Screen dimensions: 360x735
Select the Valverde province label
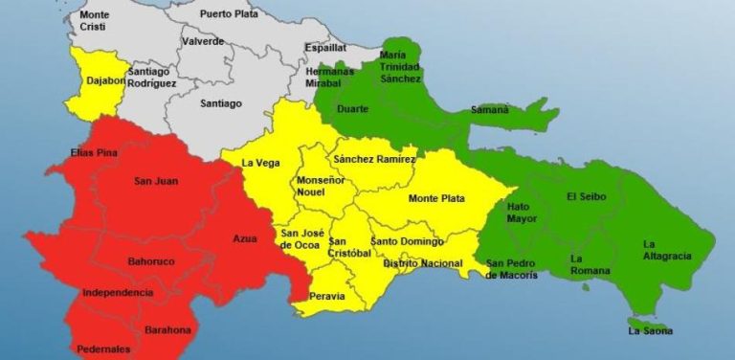203,41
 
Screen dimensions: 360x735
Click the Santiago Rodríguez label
152,78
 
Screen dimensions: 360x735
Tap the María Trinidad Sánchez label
400,67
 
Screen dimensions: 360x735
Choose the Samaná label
489,110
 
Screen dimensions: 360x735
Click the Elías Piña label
94,153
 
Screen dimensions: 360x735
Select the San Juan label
155,181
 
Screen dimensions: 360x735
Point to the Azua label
245,238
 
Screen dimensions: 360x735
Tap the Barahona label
168,330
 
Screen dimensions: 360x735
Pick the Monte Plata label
436,198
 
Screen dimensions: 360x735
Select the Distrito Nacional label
422,262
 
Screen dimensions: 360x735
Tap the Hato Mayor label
519,212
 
